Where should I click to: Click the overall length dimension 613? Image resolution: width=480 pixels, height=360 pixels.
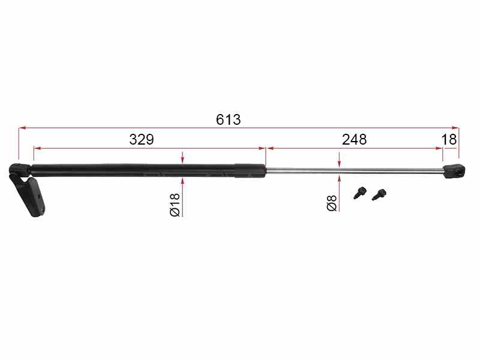[x=229, y=119]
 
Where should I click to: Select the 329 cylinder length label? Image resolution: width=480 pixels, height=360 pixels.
[x=142, y=140]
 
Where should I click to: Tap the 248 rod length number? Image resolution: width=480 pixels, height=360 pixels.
[x=354, y=140]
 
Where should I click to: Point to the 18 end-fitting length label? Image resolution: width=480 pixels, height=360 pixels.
[x=449, y=140]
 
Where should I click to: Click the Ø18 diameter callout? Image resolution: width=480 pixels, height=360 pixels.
[x=175, y=205]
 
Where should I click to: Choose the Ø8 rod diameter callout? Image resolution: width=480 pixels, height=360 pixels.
[x=332, y=203]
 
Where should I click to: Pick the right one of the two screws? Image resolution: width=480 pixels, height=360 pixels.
[x=379, y=194]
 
